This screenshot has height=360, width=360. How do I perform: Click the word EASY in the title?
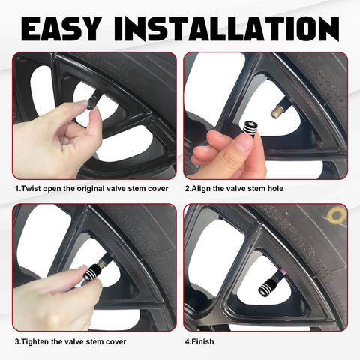tap(61, 28)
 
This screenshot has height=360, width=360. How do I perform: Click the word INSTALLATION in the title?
tap(226, 28)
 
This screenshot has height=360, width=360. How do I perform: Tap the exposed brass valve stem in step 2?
tap(278, 111)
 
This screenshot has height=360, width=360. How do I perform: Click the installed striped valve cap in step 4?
tap(268, 287)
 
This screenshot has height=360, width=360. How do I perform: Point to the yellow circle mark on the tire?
tap(337, 215)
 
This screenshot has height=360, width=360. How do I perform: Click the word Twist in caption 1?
tap(31, 188)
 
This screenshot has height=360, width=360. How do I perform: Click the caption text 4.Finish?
tap(199, 341)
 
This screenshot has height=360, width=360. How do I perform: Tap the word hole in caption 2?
tap(275, 188)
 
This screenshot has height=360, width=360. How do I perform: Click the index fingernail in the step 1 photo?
tap(82, 102)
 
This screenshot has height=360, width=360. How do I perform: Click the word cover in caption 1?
tap(158, 189)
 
